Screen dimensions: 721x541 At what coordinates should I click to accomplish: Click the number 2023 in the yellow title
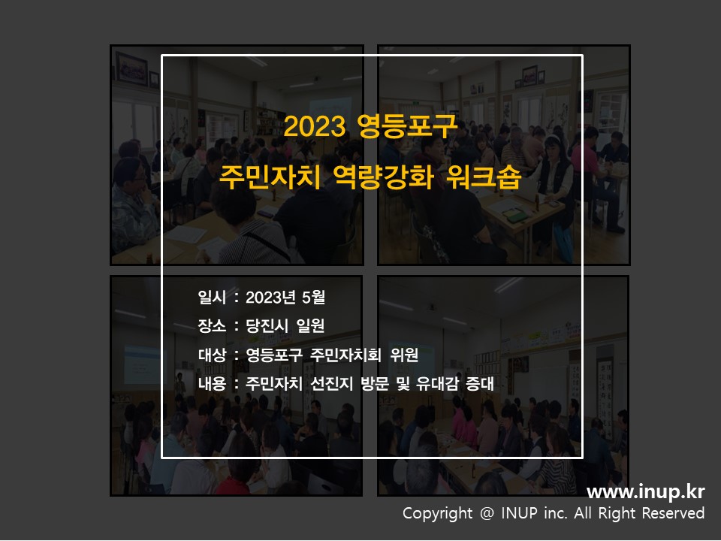click(315, 126)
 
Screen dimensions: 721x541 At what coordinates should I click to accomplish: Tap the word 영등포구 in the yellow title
click(407, 126)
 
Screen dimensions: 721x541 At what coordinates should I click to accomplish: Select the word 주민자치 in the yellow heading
click(270, 177)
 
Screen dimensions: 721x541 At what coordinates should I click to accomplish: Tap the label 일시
click(212, 298)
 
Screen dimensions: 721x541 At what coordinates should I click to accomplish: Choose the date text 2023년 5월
click(285, 298)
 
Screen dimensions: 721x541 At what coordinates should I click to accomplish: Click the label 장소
click(212, 325)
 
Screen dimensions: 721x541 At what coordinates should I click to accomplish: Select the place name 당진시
click(267, 325)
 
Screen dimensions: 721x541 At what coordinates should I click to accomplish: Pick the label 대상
click(212, 355)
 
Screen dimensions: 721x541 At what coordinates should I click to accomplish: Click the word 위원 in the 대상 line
click(404, 355)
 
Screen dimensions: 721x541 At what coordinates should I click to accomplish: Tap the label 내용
click(212, 383)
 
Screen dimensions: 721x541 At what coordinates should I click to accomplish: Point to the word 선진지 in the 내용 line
click(331, 383)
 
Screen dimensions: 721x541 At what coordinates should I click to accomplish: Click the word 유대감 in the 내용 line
click(437, 383)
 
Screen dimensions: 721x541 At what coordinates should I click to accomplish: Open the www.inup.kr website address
click(646, 492)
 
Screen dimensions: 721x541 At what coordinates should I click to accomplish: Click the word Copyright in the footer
click(437, 513)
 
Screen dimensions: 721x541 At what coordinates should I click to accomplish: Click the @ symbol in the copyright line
click(487, 513)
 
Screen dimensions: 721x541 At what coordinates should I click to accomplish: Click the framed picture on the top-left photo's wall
click(131, 68)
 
